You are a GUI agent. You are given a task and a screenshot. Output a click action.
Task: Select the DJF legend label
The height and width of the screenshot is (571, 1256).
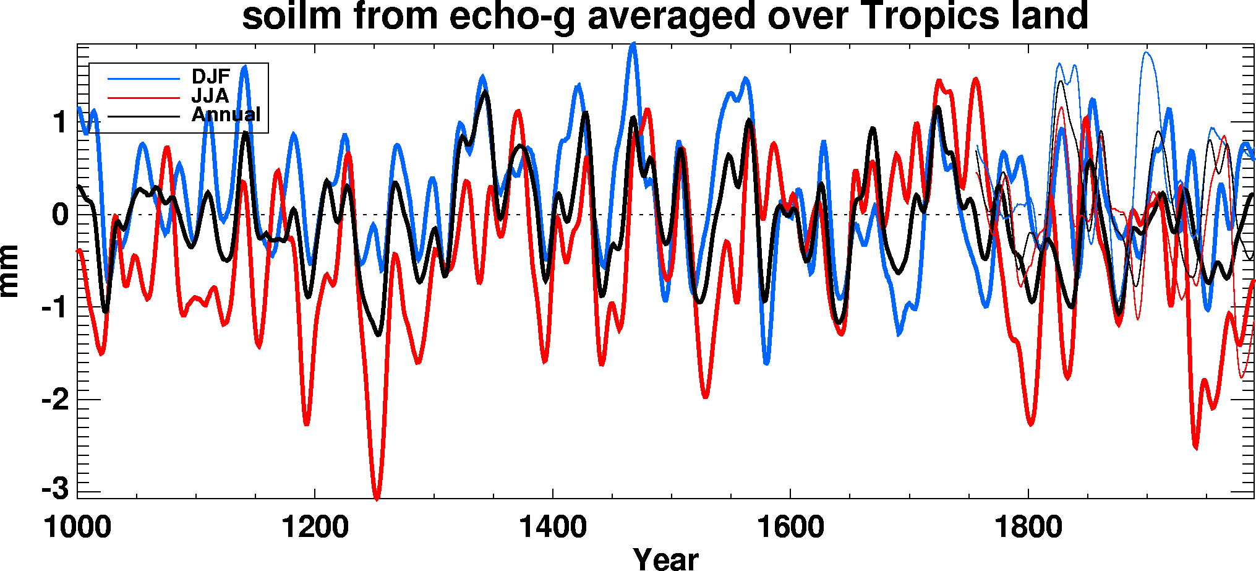(211, 77)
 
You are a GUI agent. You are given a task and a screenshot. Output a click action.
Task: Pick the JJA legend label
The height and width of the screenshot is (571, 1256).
(210, 96)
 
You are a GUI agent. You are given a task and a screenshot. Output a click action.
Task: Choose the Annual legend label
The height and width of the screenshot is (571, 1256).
(226, 114)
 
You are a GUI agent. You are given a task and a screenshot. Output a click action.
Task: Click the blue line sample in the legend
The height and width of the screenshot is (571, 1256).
(143, 79)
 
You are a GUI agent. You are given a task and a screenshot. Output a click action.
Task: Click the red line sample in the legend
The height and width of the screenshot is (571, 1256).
(143, 98)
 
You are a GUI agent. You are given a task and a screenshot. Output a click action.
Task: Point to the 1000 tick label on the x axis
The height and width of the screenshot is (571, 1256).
(77, 528)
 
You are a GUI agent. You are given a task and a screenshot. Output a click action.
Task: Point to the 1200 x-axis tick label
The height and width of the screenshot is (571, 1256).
(315, 528)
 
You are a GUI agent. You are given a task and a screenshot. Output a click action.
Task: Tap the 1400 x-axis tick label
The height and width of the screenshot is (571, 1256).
(553, 528)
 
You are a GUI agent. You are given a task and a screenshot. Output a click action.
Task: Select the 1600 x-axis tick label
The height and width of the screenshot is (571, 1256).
(790, 528)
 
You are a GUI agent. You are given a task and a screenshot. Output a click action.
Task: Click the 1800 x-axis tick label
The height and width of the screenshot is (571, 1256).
(1028, 528)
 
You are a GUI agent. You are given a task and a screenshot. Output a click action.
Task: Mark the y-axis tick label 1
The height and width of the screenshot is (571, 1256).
(60, 122)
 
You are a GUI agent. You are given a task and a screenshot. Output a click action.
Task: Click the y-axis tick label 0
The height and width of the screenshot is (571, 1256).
(60, 215)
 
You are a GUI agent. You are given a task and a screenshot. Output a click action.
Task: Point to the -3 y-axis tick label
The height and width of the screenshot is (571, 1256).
(55, 489)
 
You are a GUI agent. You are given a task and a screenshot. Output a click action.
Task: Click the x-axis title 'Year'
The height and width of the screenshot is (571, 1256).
(665, 559)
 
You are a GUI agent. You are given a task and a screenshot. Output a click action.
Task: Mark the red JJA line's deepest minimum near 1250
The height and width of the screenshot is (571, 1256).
(377, 497)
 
